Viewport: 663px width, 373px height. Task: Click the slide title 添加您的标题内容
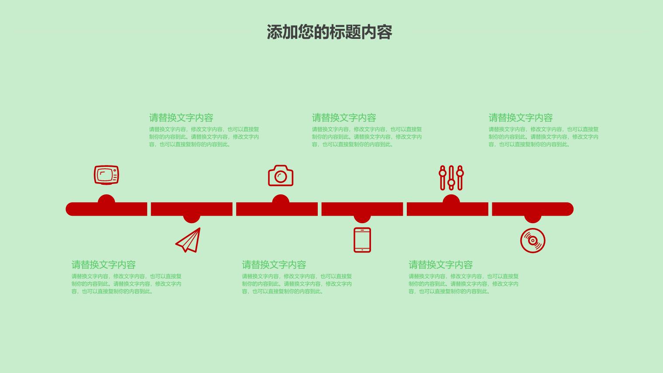point(330,32)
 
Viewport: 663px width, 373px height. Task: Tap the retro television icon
point(106,175)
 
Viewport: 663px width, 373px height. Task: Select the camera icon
point(281,176)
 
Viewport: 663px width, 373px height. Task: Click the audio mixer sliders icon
point(451,178)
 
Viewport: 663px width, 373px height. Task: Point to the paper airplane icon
point(188,240)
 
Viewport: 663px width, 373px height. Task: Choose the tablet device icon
point(362,240)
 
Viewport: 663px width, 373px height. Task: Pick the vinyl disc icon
point(533,241)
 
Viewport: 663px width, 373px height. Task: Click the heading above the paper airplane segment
point(181,118)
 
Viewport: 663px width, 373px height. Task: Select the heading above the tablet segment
point(344,118)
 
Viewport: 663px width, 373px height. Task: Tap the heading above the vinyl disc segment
point(521,118)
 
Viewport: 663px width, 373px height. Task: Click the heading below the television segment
point(103,265)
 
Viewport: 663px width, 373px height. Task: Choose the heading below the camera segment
point(274,265)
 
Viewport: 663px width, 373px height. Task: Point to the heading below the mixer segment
point(441,265)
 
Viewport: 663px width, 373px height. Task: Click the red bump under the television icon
point(106,199)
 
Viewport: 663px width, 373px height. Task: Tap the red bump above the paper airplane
point(192,219)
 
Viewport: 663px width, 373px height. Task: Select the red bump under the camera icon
point(281,199)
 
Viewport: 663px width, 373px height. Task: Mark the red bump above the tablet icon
point(362,219)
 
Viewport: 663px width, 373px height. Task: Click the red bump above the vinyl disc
point(533,219)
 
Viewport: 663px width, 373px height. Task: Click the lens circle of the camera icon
point(281,177)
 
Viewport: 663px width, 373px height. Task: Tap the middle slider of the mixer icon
point(451,178)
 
